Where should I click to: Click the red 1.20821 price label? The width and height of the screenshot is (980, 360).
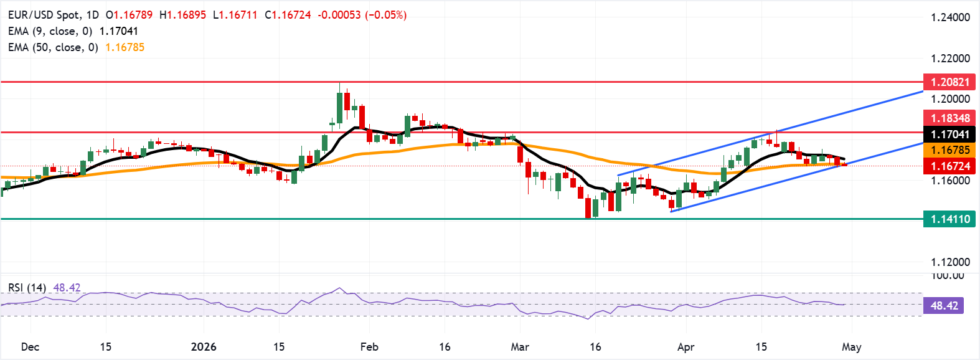tap(949, 82)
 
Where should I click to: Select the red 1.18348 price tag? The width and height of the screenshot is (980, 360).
tap(949, 118)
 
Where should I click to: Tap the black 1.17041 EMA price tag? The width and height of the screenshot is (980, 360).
tap(949, 135)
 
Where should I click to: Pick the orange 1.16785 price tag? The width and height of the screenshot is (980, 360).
tap(949, 150)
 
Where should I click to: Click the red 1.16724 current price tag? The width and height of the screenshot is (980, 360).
tap(949, 166)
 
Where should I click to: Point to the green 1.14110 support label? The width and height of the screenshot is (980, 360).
tap(949, 219)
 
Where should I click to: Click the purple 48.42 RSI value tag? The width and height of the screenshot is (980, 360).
tap(944, 306)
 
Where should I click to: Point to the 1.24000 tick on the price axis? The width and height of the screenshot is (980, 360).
tap(950, 17)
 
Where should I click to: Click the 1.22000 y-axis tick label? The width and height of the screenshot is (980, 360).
tap(950, 59)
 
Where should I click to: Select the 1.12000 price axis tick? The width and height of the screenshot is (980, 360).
tap(950, 262)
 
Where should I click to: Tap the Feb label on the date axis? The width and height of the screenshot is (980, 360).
tap(369, 347)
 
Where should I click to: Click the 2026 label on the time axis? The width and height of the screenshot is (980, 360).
tap(204, 347)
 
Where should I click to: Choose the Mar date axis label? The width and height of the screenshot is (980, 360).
tap(520, 347)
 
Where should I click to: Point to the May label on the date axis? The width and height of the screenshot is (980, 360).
tap(851, 347)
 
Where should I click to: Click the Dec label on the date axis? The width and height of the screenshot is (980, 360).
tap(30, 347)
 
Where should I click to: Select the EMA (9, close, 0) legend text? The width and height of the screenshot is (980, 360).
tap(50, 31)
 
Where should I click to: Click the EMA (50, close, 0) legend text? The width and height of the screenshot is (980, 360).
tap(53, 47)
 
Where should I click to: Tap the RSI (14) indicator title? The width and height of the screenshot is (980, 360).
tap(27, 288)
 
